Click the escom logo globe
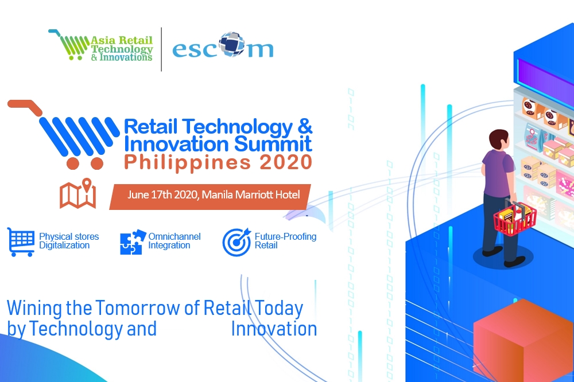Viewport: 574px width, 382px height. click(232, 44)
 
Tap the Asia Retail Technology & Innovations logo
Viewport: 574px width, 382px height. click(100, 45)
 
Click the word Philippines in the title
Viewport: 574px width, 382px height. click(188, 163)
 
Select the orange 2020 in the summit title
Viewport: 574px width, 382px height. click(285, 162)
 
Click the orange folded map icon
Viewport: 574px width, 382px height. click(78, 193)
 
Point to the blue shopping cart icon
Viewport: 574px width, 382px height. click(21, 242)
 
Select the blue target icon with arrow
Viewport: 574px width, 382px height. click(236, 242)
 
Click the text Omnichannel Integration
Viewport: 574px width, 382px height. click(174, 241)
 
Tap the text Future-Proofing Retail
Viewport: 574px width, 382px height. click(285, 241)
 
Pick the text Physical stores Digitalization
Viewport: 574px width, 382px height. click(69, 241)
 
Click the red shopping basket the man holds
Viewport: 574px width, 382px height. click(514, 218)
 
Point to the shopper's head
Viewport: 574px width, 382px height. click(499, 140)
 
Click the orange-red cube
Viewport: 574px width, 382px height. click(523, 340)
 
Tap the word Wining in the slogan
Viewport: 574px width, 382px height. click(35, 309)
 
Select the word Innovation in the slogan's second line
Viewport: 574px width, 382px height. click(274, 329)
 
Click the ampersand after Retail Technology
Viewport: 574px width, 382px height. click(305, 126)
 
